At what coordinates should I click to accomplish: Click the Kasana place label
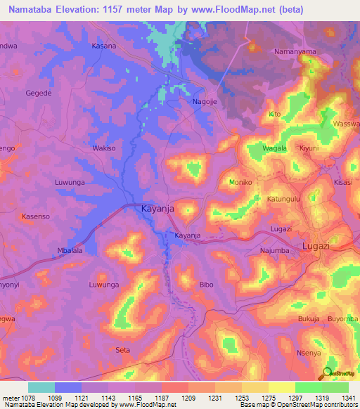click(103, 46)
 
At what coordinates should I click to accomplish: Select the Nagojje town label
click(205, 101)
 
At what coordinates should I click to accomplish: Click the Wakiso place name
click(104, 148)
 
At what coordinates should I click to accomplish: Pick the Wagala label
click(274, 149)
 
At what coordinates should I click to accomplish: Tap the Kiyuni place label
click(309, 149)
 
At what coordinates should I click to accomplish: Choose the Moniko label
click(240, 182)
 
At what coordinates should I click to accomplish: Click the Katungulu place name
click(284, 199)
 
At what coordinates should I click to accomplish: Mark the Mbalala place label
click(70, 250)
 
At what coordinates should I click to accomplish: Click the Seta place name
click(122, 349)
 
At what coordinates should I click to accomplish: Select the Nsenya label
click(309, 353)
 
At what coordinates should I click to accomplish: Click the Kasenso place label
click(35, 216)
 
